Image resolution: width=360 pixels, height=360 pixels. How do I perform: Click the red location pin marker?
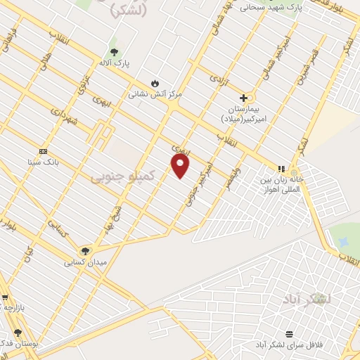coord(181,166)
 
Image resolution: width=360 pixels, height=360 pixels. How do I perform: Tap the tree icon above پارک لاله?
coord(114,53)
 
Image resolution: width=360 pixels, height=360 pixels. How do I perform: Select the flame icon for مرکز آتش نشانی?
coord(155,83)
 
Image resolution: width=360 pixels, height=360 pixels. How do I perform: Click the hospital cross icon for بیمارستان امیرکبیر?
coord(244,98)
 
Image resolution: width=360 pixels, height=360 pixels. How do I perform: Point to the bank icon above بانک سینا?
coord(43,151)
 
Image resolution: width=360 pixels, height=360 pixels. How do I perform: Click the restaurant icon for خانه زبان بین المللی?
coord(281,169)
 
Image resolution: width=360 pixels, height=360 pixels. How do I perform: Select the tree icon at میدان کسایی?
coord(85,251)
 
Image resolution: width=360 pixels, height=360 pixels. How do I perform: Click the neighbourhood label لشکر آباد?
coord(314,298)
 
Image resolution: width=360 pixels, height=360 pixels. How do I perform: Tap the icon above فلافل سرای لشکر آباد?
coord(289,334)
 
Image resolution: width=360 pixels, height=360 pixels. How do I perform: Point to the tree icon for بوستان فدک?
coord(18,333)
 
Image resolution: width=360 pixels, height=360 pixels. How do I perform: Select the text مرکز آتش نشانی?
coord(155,94)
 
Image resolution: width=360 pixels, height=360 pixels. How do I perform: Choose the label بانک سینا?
coord(42,162)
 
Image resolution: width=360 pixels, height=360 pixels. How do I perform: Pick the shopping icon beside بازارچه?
coord(4,297)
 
